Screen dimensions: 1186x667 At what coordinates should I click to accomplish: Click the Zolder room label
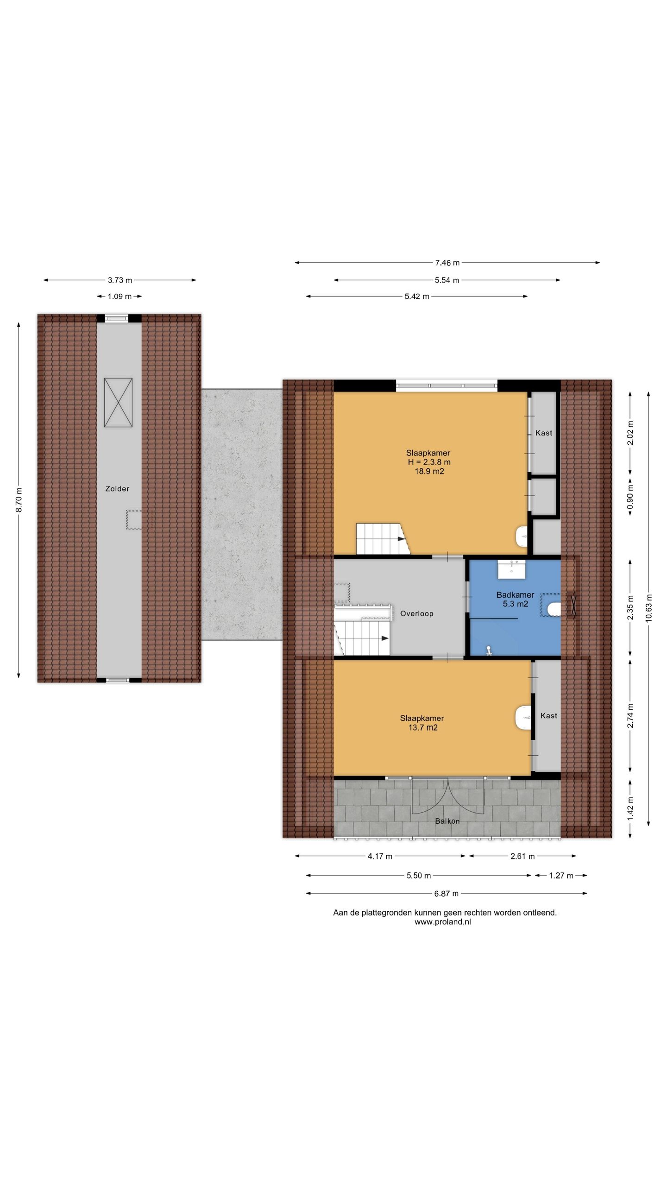point(117,488)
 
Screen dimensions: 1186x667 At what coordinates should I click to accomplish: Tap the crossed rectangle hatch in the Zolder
point(118,402)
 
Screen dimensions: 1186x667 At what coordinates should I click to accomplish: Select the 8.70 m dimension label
point(19,500)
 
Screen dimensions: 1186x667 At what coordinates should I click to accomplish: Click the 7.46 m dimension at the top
point(447,263)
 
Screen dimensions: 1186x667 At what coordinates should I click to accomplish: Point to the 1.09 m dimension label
point(120,296)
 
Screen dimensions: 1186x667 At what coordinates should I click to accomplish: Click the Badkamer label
point(515,594)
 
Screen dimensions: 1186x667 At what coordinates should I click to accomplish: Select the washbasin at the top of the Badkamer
point(511,569)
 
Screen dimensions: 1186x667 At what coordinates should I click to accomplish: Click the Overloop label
point(416,613)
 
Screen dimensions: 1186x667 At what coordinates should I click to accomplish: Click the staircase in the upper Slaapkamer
point(383,539)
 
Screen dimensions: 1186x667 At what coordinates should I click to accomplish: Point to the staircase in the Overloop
point(363,637)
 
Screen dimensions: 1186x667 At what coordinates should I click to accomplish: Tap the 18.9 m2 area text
point(429,471)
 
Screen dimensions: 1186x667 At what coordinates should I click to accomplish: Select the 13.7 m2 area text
point(422,727)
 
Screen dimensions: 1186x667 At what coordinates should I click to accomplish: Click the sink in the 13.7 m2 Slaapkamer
point(523,717)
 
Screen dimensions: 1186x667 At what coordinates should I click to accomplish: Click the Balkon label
point(447,821)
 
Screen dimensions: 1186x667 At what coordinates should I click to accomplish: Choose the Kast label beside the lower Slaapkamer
point(548,716)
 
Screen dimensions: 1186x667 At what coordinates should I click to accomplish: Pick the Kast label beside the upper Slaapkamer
point(543,433)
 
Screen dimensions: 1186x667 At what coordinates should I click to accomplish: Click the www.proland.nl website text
point(442,922)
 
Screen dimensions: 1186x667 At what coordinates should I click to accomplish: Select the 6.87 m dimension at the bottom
point(447,893)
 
